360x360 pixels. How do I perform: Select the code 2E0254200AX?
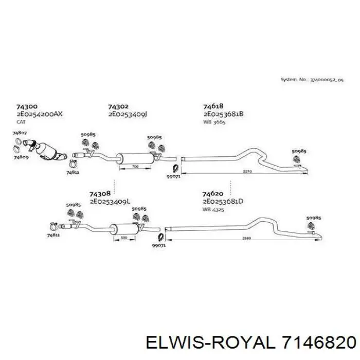coord(39,115)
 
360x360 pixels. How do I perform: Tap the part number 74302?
coord(118,107)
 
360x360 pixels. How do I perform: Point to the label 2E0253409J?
coord(128,115)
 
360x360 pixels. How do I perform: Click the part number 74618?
coord(213,107)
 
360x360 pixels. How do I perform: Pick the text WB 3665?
coord(214,122)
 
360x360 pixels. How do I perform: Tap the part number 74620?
coord(213,194)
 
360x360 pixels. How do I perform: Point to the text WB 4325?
coord(213,209)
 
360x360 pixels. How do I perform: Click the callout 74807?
coord(20,133)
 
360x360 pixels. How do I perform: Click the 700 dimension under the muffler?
coord(135,168)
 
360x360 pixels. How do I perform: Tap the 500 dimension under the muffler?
coord(124,238)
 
